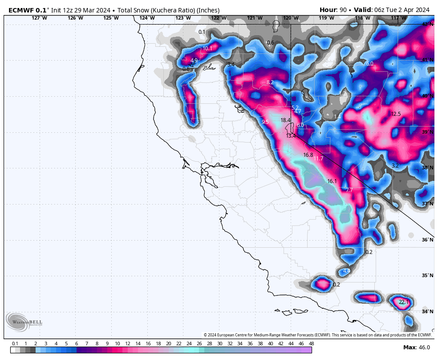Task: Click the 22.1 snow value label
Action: click(403, 302)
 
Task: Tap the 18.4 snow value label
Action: click(285, 120)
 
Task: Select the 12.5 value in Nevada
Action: click(396, 114)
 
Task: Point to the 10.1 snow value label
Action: click(207, 49)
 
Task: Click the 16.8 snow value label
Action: click(308, 155)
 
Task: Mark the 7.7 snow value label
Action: click(349, 190)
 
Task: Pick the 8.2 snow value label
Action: click(270, 82)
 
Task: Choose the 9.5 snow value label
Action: click(265, 122)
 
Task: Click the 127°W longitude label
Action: click(39, 18)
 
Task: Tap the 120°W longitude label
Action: click(291, 18)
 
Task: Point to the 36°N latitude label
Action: click(427, 240)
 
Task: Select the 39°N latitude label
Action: click(427, 132)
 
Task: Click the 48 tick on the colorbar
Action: click(311, 344)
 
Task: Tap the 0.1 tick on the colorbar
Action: click(15, 344)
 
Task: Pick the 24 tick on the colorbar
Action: click(189, 344)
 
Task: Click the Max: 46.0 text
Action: click(416, 348)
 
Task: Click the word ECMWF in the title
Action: click(20, 10)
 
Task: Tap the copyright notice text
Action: click(317, 335)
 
